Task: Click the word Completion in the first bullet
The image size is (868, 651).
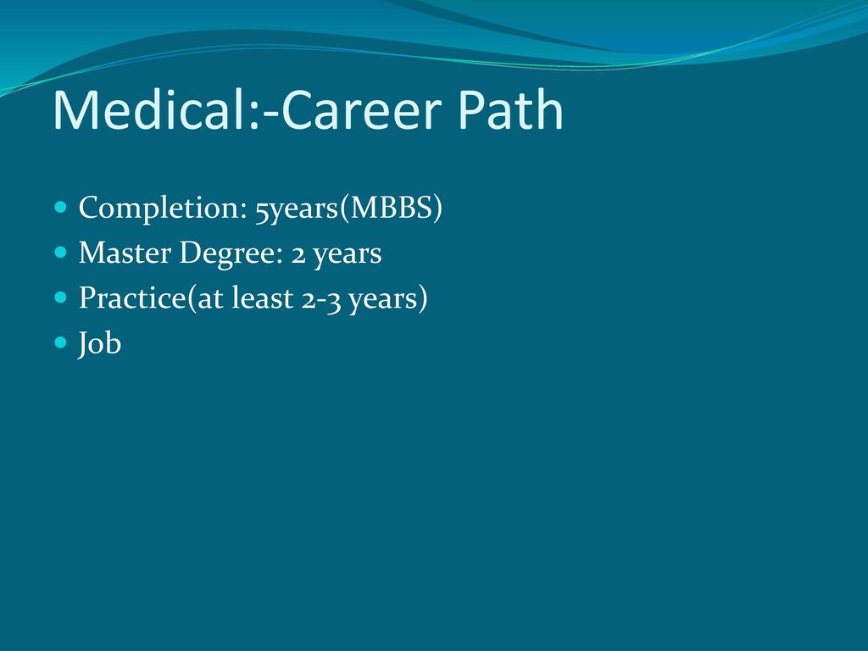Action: pos(162,209)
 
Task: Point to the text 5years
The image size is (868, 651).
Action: pos(296,209)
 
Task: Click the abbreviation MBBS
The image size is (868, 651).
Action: pos(390,208)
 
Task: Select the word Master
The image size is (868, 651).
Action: pos(125,253)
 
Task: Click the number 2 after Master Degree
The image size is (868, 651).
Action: pos(298,255)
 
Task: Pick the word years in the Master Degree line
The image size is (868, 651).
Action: pos(347,255)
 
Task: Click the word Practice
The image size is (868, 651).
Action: pos(131,298)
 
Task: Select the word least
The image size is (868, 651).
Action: pos(263,298)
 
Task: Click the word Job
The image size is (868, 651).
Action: pos(100,344)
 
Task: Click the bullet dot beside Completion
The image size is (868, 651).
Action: pos(61,208)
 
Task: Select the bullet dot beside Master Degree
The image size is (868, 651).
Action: pos(61,253)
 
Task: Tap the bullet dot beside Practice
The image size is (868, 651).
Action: pos(61,298)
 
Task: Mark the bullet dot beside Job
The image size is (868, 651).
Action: pos(61,342)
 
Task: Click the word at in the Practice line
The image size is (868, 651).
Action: pos(210,299)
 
